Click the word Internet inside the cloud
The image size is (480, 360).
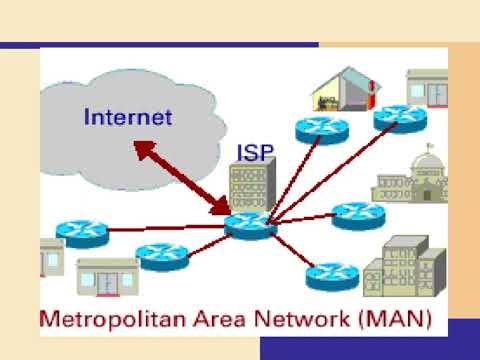[128, 117]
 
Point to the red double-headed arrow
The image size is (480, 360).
[181, 177]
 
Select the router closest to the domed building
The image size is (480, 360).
[351, 213]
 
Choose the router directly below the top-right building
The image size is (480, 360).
[392, 118]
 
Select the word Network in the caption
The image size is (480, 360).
[306, 322]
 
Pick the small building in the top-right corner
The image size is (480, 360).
[426, 88]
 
